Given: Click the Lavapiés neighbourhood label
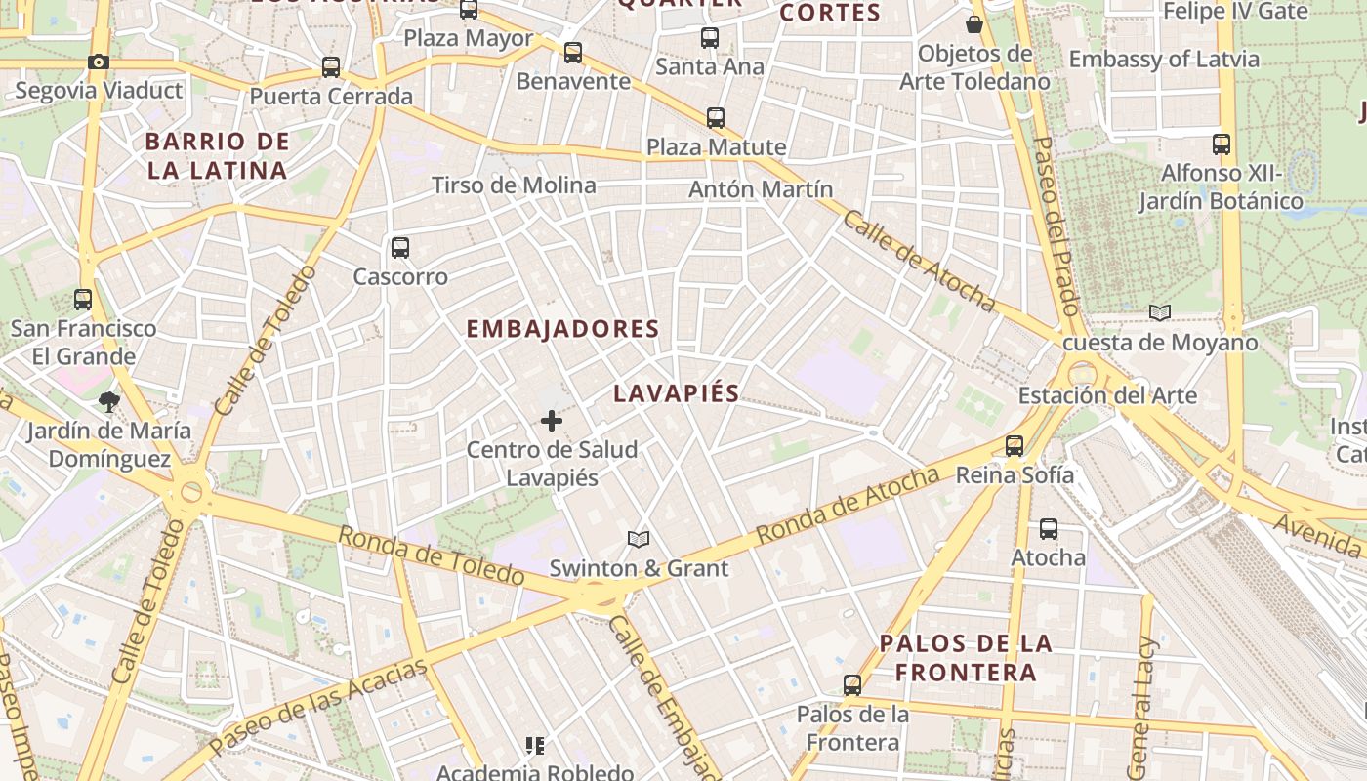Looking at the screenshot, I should (x=676, y=393).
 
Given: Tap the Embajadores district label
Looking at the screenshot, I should (x=562, y=329).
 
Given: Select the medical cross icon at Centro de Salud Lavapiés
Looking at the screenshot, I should (x=552, y=421).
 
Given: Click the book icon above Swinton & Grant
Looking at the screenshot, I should (x=639, y=539).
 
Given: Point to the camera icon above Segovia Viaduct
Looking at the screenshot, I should (x=98, y=62).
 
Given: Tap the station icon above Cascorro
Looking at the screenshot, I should (x=400, y=248).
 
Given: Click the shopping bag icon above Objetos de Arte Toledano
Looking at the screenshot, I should (x=973, y=24).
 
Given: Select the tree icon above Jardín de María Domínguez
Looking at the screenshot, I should (x=108, y=401).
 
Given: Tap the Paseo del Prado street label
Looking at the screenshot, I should (x=1057, y=225).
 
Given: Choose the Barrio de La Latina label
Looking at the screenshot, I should (x=217, y=156).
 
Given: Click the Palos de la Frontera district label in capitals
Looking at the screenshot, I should (x=966, y=658).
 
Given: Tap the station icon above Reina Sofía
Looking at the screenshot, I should (x=1015, y=446).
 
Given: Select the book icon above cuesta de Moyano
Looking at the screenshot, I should (x=1159, y=313).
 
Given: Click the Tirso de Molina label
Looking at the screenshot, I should (x=514, y=185).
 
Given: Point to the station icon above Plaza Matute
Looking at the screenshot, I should (x=716, y=118).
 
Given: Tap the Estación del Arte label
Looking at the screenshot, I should (x=1107, y=395).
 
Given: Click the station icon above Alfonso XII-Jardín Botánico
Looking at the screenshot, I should (x=1221, y=144).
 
